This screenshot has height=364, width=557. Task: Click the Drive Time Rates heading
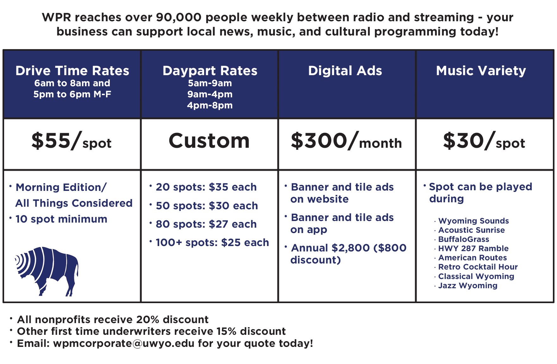[72, 71]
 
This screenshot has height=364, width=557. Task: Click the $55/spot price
[72, 141]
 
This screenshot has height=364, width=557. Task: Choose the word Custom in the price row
[209, 141]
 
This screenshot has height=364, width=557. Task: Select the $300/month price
[346, 141]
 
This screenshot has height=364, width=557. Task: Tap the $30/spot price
[484, 141]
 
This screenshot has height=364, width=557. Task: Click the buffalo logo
[47, 271]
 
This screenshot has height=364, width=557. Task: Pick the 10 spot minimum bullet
[61, 219]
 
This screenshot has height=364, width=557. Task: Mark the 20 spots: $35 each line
[206, 187]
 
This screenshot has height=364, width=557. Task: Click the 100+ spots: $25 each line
[212, 243]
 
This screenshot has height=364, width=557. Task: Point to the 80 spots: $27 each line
[206, 224]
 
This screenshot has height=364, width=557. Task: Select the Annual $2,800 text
[330, 248]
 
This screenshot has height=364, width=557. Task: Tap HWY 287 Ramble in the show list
[473, 249]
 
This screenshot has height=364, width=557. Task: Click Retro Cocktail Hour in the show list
[478, 267]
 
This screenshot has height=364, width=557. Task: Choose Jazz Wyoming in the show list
[468, 286]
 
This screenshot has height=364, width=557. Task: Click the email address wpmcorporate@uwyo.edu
[124, 343]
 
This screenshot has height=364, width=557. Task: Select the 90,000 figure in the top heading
[179, 17]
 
